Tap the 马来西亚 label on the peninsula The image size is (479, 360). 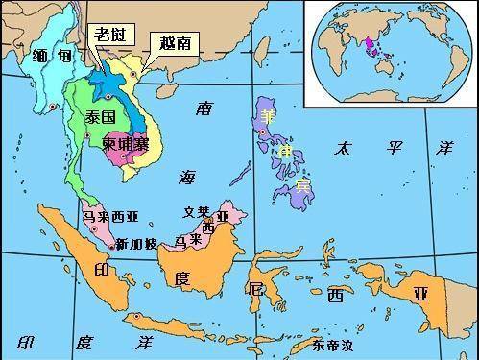pos(111,217)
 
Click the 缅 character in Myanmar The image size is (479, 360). pos(39,55)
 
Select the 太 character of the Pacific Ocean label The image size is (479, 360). pos(344,148)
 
